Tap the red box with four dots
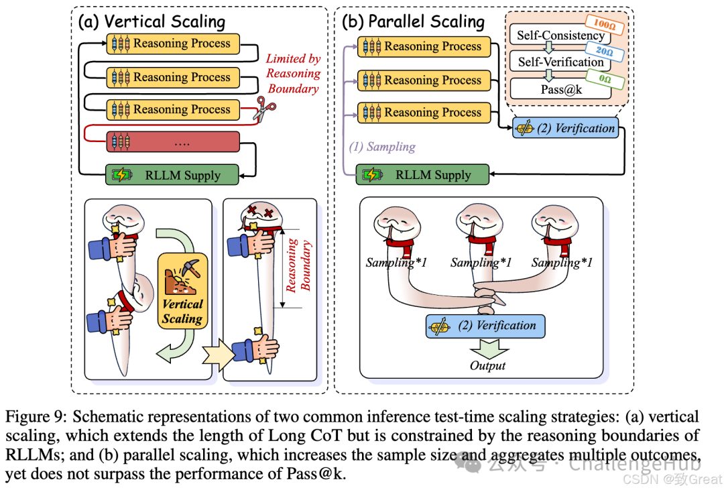(x=173, y=143)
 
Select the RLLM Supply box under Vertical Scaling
(x=172, y=176)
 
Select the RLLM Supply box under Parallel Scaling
(x=422, y=175)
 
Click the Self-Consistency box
(x=560, y=35)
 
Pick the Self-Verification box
(x=560, y=62)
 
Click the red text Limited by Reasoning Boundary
(x=293, y=74)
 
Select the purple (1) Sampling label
(x=381, y=146)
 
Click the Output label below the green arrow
(x=487, y=366)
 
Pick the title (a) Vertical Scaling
(x=152, y=21)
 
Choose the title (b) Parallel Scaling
(x=413, y=21)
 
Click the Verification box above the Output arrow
(x=485, y=326)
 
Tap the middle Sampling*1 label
(x=481, y=262)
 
